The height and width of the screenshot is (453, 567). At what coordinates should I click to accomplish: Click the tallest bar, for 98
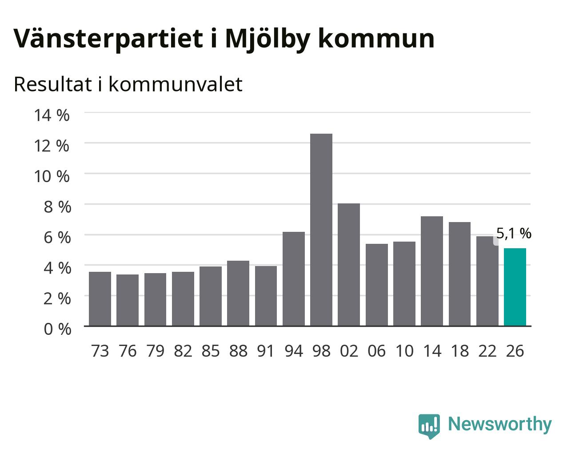tap(321, 230)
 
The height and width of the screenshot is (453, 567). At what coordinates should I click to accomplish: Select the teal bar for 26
tap(515, 287)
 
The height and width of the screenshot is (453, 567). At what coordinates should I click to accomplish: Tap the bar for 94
tap(294, 279)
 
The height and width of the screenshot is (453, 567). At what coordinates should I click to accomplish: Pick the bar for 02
tap(349, 265)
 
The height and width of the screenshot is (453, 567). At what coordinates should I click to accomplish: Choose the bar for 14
tap(432, 271)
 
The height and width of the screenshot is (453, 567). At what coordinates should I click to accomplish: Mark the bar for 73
tap(100, 299)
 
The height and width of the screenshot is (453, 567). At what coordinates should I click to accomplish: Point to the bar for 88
tap(238, 294)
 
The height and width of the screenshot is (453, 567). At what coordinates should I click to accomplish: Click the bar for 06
tap(377, 285)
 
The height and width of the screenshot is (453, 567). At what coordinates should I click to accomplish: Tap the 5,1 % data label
tap(514, 233)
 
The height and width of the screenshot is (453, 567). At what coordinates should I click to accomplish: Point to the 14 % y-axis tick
tap(52, 115)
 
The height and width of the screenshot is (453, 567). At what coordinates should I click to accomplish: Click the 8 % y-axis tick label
tap(57, 207)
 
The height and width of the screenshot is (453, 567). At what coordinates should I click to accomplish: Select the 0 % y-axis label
tap(57, 329)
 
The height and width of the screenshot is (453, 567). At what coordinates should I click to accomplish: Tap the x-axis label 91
tap(266, 351)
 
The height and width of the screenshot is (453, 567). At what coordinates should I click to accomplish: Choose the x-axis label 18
tap(460, 351)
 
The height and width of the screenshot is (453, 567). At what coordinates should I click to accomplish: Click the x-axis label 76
tap(128, 351)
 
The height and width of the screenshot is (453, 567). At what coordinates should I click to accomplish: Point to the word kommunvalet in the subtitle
tap(176, 84)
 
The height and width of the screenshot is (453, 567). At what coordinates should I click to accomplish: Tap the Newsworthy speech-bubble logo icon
tap(429, 426)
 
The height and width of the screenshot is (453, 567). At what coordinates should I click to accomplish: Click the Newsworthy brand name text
tap(500, 424)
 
